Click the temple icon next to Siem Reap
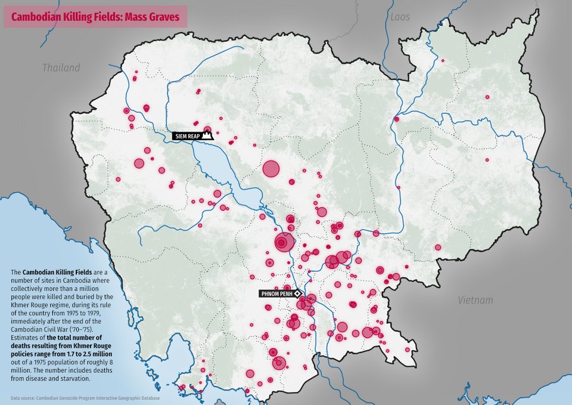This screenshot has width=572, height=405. pos(207,136)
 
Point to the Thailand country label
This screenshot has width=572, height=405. pos(61,68)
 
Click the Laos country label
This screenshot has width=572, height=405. pos(400,17)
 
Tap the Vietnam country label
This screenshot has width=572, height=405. pos(475,300)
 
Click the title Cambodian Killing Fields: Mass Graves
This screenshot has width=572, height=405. pos(95,17)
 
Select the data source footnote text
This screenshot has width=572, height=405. pos(85,397)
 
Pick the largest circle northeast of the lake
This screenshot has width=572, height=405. pos(271,169)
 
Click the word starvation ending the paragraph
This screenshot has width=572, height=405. pos(74,378)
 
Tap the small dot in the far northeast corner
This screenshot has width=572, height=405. pos(442,60)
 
